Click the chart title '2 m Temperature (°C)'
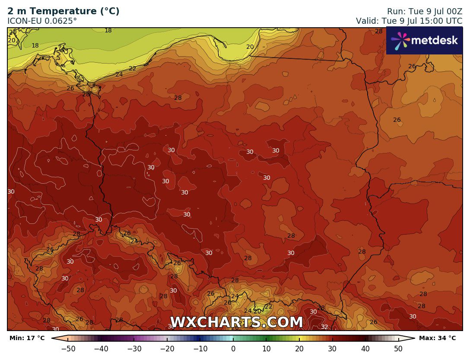[64, 12]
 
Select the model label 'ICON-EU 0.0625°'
[42, 21]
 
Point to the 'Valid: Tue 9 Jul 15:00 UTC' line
[409, 21]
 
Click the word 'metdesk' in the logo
[434, 41]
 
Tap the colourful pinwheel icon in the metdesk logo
[400, 41]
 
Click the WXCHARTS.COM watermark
[236, 322]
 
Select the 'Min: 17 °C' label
[27, 338]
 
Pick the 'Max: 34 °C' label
[437, 338]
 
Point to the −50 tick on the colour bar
[68, 349]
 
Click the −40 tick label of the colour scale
[101, 349]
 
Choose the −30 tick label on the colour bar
[134, 349]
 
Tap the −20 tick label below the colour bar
[167, 349]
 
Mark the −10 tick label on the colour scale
[200, 349]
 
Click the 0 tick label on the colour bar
[233, 349]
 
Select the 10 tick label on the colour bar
[266, 349]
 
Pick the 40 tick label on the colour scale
[365, 349]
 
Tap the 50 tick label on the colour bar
[398, 349]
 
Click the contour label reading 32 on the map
[324, 327]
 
